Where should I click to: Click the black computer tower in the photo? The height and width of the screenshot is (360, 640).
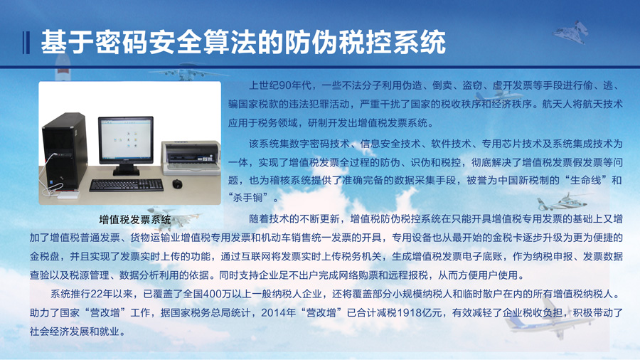click(x=65, y=152)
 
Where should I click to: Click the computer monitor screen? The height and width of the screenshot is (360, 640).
click(x=126, y=139)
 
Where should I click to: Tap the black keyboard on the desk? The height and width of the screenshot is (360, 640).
click(x=127, y=185)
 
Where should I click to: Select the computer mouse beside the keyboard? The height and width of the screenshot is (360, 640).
click(x=177, y=184)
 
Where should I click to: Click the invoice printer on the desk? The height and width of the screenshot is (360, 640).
click(x=191, y=157)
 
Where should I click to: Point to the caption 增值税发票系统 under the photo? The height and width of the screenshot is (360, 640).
click(x=134, y=220)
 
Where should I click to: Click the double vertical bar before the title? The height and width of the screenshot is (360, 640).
click(x=26, y=43)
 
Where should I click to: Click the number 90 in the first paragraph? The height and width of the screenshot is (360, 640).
click(x=285, y=85)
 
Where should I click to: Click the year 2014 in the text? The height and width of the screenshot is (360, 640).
click(x=273, y=312)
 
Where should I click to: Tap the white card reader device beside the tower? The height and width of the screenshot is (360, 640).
click(x=68, y=195)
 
